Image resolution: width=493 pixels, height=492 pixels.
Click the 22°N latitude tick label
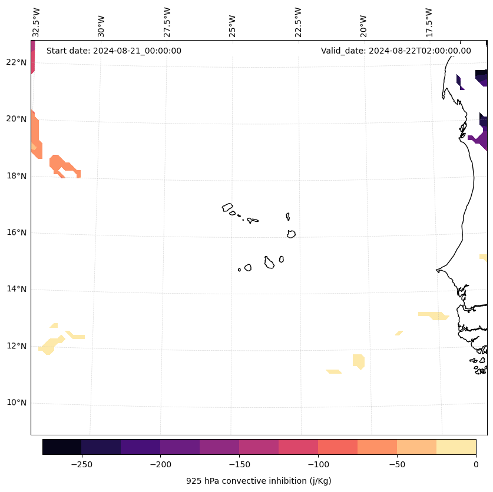16,62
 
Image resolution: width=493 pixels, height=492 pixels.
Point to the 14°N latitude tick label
16,289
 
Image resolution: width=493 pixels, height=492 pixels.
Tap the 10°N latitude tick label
16,403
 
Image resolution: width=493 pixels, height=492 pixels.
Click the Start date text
114,51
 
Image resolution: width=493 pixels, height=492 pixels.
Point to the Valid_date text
396,51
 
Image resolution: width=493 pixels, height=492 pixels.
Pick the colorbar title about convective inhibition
259,481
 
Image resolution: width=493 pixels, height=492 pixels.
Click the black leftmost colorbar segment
62,447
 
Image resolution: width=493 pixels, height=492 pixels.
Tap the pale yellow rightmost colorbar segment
456,447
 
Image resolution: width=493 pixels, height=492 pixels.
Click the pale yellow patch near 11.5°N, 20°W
358,361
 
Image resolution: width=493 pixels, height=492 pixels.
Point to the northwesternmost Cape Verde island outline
227,207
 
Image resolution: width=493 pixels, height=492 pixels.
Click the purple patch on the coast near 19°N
480,140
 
